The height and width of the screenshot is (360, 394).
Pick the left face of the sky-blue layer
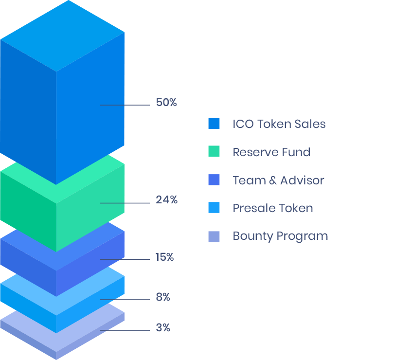tap(27, 302)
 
